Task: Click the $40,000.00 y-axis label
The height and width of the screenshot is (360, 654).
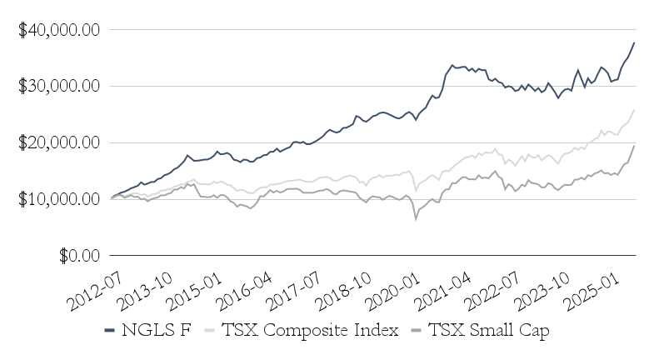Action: coord(59,30)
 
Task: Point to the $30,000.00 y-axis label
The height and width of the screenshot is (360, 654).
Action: coord(59,87)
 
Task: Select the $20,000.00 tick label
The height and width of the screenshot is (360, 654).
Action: coord(59,142)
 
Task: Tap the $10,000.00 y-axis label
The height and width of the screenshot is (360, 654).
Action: coord(59,199)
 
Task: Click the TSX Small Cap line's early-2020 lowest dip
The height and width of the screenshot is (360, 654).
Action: coord(416,219)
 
